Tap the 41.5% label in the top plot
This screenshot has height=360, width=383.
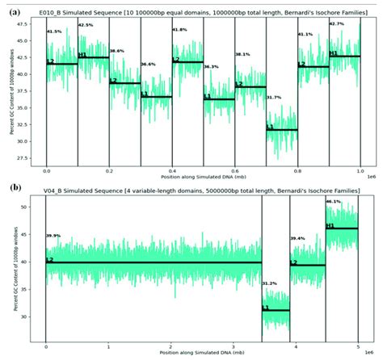point(54,31)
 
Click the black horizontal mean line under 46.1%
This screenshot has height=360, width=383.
point(341,228)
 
